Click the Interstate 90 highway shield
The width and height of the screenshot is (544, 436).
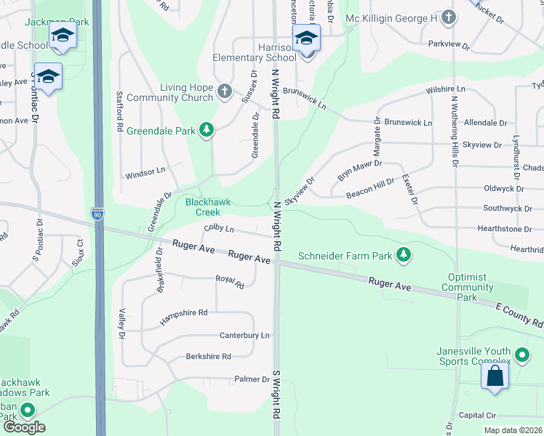coord(97,214)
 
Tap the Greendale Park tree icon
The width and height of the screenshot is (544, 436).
coord(207,130)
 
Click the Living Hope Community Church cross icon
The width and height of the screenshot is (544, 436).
coord(224,92)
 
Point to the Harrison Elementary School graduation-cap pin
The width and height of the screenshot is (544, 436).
coord(306,39)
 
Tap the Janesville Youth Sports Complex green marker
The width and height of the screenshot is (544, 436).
coord(521,355)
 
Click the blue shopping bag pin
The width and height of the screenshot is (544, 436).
coord(495,376)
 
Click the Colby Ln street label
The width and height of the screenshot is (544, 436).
coord(219,228)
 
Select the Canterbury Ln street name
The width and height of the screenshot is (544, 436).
coord(245,335)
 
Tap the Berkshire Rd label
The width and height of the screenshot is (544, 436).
coord(208,357)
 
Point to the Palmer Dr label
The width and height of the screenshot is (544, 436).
coord(252,379)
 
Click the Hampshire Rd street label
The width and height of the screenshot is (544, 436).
coord(184,312)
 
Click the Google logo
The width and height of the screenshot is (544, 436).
coord(24,427)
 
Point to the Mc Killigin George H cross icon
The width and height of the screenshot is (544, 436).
coord(449,16)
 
